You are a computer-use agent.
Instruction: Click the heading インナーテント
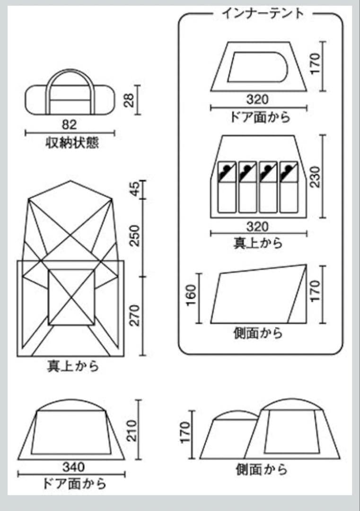click(x=263, y=13)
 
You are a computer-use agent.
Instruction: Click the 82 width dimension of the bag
click(x=69, y=124)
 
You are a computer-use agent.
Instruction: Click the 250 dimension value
click(x=135, y=235)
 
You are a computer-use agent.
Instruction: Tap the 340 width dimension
click(x=74, y=467)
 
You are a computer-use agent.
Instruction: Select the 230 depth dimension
click(x=315, y=176)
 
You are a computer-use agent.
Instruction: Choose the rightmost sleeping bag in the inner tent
click(x=289, y=187)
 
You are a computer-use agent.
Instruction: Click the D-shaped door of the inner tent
click(x=258, y=67)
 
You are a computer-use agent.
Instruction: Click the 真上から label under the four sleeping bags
click(x=258, y=243)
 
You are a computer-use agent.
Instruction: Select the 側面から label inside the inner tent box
click(x=258, y=333)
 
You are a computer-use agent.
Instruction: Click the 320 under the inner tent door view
click(x=258, y=100)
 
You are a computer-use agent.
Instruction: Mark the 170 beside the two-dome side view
click(x=185, y=432)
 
